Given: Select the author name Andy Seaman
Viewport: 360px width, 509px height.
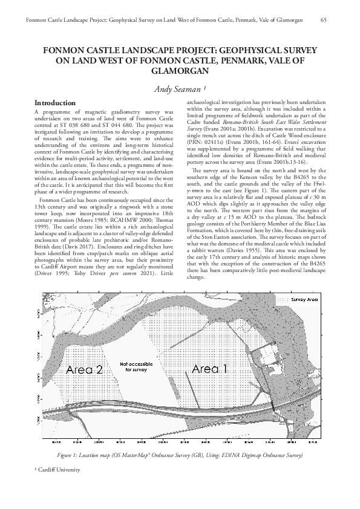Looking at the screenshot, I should click(180, 89).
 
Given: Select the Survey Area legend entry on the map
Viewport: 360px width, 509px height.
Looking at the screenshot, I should click(305, 299).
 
